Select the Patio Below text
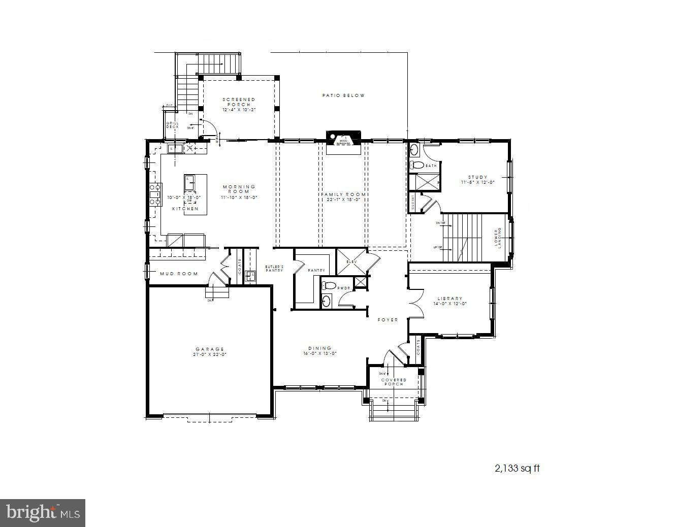pos(343,95)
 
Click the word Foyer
pos(388,320)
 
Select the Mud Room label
pos(179,274)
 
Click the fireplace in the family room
pos(344,141)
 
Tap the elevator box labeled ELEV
pos(351,261)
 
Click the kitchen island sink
pos(189,179)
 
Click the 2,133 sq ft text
pos(517,468)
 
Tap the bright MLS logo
pos(43,513)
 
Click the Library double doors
pos(415,304)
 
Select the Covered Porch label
pos(394,382)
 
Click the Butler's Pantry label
pos(274,268)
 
